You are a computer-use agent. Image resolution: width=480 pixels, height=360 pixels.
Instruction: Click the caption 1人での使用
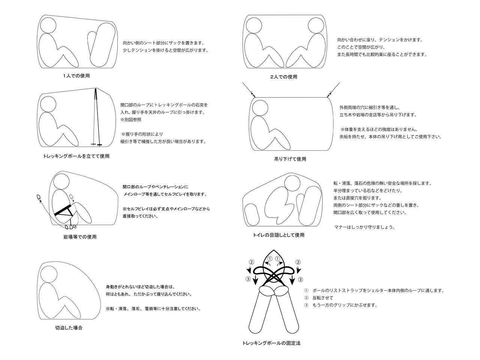click(x=76, y=76)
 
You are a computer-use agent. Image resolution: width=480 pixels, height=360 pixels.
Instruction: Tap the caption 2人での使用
click(x=284, y=77)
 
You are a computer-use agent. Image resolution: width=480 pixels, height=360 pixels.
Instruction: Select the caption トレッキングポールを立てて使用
click(x=76, y=156)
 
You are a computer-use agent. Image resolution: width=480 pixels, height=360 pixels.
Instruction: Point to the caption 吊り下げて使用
click(x=290, y=159)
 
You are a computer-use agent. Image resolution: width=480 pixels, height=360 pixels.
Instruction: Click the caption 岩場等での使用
click(x=80, y=237)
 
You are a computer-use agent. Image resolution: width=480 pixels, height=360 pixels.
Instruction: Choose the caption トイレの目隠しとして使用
click(x=279, y=235)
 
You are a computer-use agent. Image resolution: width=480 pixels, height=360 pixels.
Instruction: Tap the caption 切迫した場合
click(x=69, y=327)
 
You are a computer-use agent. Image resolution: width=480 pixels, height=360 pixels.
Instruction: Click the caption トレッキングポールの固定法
click(x=271, y=343)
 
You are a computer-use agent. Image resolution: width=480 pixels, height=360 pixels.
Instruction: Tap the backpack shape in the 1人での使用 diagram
click(x=100, y=45)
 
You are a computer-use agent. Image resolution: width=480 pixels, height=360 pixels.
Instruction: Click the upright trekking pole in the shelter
click(x=97, y=116)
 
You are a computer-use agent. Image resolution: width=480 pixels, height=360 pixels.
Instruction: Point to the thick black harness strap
click(x=63, y=210)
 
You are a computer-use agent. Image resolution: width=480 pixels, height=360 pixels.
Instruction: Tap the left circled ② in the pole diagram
click(x=252, y=262)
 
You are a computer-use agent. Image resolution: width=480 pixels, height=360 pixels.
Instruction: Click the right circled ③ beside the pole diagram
click(x=300, y=279)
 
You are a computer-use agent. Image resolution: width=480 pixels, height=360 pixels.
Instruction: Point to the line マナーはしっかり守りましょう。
click(x=364, y=227)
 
